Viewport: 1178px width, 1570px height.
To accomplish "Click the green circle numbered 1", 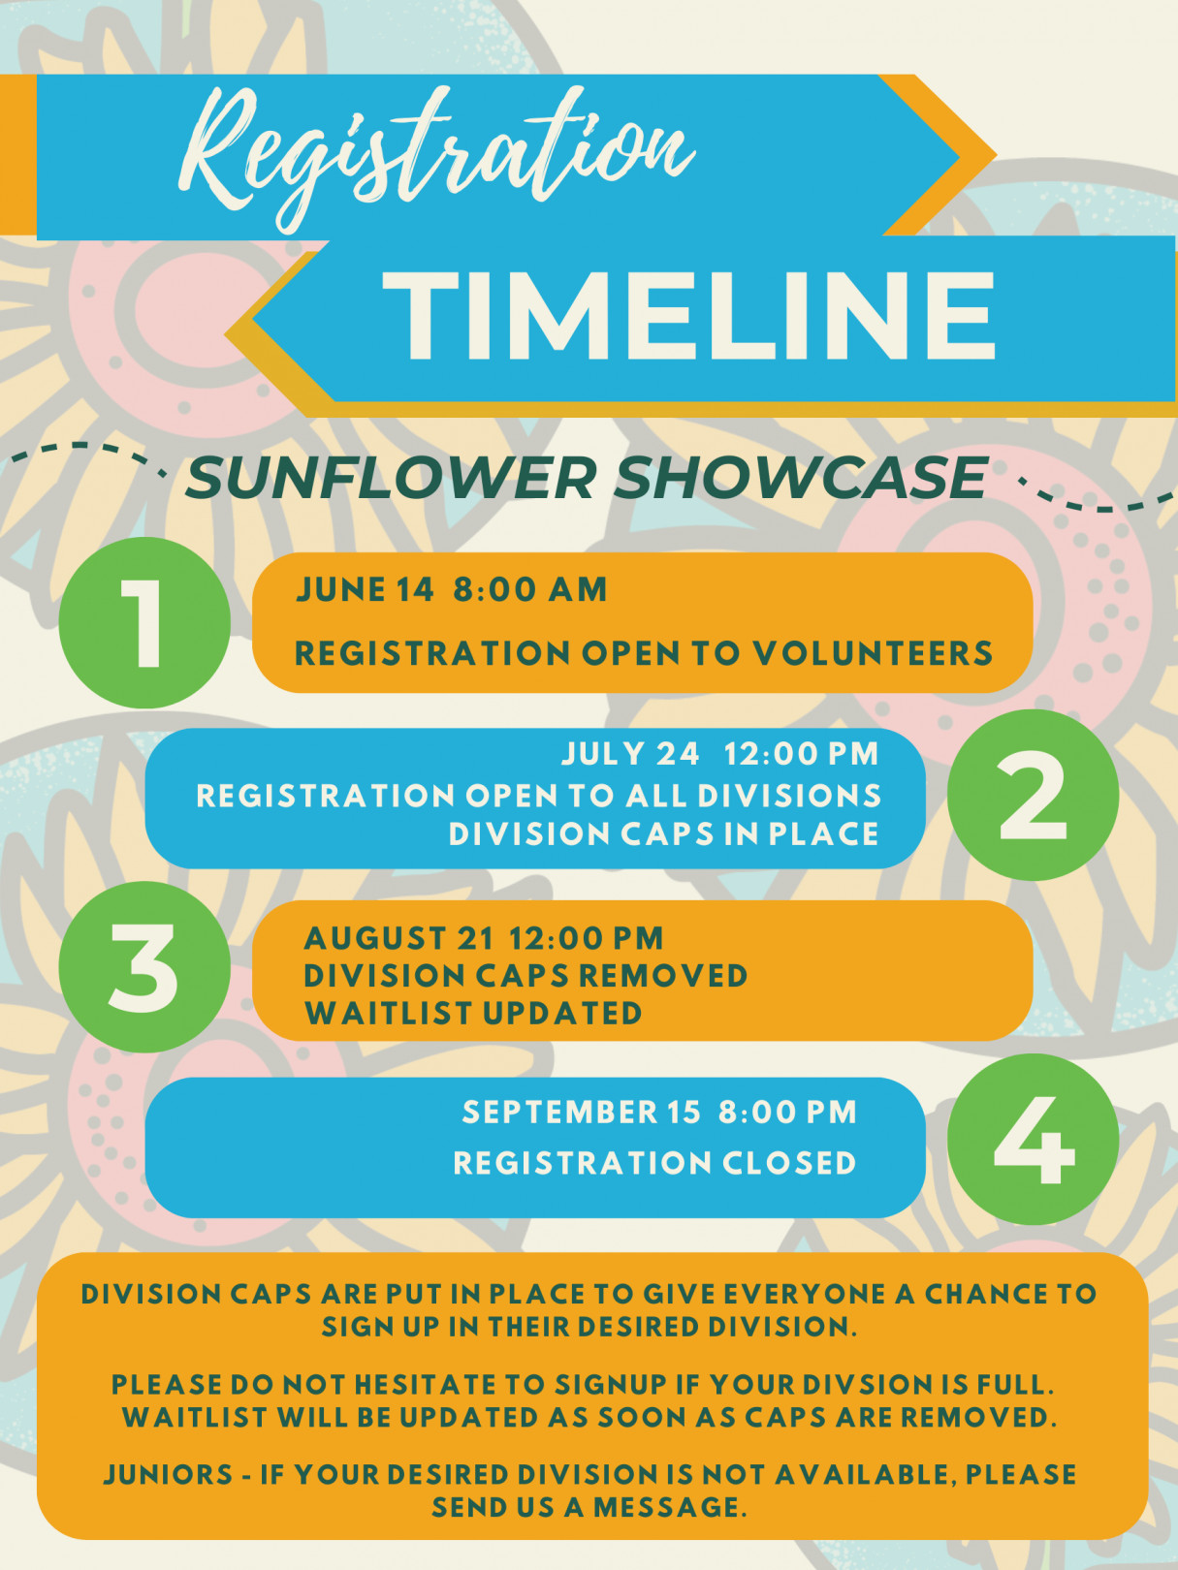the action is coord(144,622).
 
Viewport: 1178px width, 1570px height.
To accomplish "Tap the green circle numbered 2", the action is coord(1033,795).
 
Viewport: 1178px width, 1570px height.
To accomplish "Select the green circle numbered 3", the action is coord(144,967).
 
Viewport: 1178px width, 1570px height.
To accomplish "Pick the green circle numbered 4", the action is coord(1033,1140).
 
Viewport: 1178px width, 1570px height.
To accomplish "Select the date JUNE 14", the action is coord(366,590).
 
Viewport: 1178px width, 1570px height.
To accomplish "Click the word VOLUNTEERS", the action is coord(874,653).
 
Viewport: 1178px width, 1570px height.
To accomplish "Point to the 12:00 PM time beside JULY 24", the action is coord(802,754).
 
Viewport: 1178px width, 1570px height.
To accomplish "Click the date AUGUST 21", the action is coord(399,938).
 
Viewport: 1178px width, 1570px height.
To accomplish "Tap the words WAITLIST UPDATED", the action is coord(473,1013).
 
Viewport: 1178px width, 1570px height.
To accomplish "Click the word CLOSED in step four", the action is coord(789,1163).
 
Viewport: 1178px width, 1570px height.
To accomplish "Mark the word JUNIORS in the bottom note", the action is coord(168,1475).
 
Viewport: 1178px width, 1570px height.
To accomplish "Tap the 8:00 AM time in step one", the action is coord(530,590).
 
